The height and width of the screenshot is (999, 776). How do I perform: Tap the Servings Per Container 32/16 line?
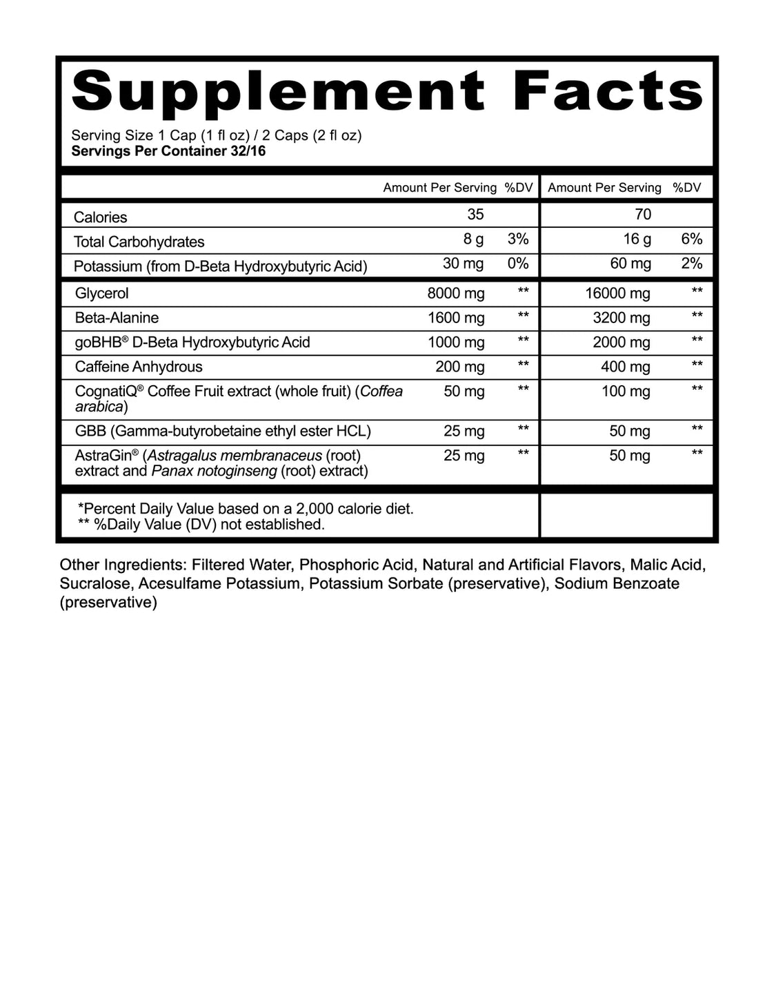[x=168, y=151]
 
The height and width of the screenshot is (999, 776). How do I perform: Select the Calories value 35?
[x=475, y=215]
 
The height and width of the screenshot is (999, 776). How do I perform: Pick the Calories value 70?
[x=642, y=215]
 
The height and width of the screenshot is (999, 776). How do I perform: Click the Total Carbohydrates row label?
[x=139, y=242]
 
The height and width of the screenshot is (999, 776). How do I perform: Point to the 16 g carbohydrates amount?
[x=637, y=240]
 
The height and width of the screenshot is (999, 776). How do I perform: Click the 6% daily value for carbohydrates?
[x=691, y=240]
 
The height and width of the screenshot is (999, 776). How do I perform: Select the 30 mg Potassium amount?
[x=464, y=264]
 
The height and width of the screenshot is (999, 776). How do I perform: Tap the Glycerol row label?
[x=102, y=293]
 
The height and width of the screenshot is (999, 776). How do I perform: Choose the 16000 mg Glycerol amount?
[x=617, y=293]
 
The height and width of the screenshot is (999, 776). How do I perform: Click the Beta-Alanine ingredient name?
[x=117, y=318]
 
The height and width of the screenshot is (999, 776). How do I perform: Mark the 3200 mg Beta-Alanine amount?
[x=621, y=318]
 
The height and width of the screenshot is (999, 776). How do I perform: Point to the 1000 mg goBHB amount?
[x=456, y=342]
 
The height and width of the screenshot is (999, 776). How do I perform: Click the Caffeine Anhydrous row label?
[x=139, y=367]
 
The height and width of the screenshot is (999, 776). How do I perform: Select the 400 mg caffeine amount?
[x=625, y=367]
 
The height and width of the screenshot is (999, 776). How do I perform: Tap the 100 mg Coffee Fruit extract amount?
[x=625, y=391]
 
